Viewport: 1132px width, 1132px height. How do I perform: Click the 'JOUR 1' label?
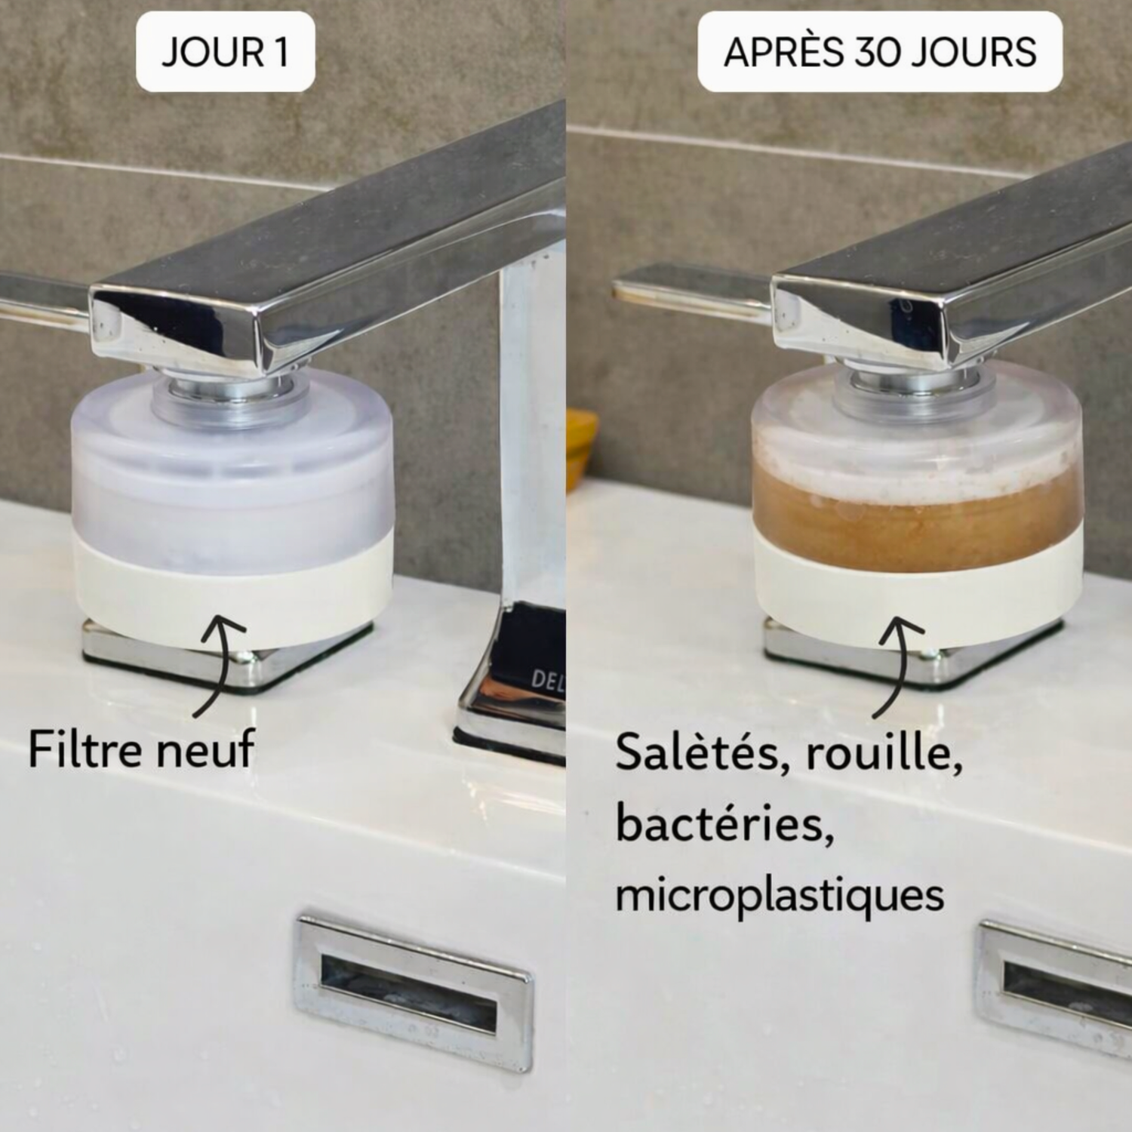(225, 52)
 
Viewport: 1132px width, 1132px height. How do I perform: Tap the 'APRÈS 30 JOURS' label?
(879, 52)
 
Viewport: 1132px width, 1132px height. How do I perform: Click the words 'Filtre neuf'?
(141, 749)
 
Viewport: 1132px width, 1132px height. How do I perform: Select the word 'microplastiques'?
(780, 896)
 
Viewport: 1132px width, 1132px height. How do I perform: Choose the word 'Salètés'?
(702, 752)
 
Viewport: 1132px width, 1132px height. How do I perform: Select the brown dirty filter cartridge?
(916, 521)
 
